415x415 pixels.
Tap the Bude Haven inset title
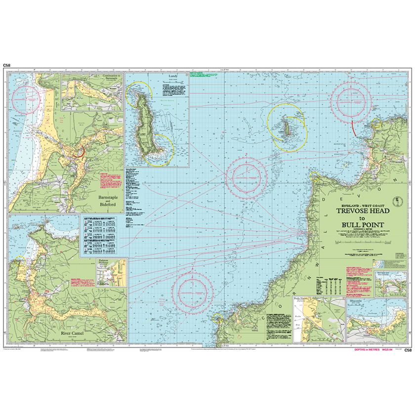302,300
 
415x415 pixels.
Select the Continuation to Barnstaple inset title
92,77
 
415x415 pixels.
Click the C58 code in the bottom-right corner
408,350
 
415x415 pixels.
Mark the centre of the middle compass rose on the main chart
246,177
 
